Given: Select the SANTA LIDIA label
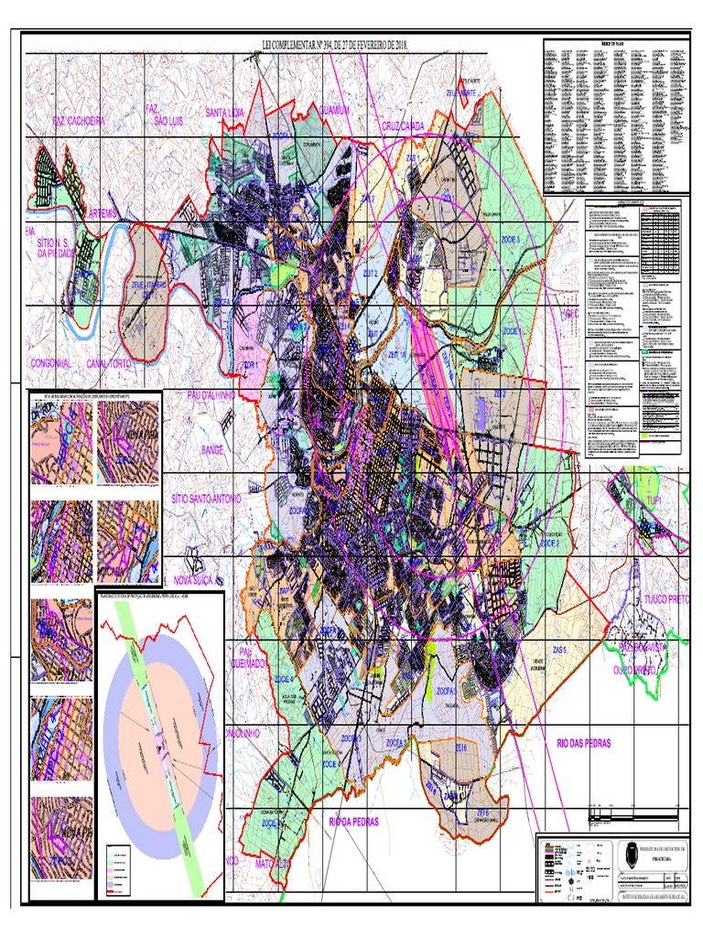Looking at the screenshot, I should [x=225, y=113].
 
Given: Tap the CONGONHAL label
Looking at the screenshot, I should [x=51, y=363].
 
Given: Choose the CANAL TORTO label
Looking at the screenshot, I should [x=122, y=363].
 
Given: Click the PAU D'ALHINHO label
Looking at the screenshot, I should [x=211, y=395].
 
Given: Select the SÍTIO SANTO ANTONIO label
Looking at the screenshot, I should [x=206, y=500].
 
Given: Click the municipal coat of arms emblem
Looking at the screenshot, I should [x=631, y=856].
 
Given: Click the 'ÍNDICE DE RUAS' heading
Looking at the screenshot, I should [x=614, y=43].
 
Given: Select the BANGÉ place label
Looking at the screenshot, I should [x=211, y=450].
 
